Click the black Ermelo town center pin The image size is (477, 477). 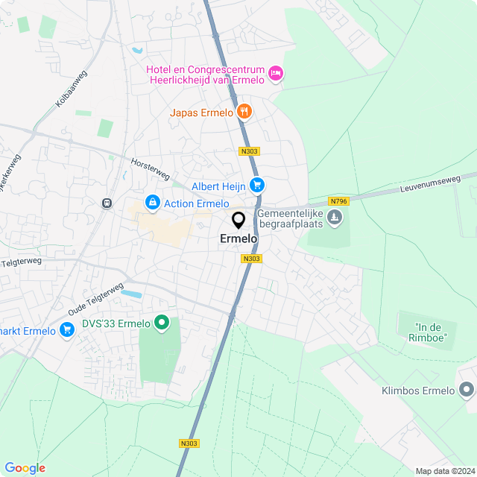(238, 221)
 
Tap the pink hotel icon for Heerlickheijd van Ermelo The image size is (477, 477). (275, 72)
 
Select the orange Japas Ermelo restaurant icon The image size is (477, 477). (244, 113)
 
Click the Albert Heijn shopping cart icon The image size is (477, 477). (257, 186)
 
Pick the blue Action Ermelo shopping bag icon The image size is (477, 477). (153, 203)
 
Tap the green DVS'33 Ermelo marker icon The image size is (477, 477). (161, 323)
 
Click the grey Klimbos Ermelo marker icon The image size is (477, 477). (467, 390)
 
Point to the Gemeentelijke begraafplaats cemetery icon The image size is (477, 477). (335, 218)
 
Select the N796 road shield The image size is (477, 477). (338, 201)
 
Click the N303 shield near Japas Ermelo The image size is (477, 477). (249, 151)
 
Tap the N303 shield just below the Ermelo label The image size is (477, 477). (252, 259)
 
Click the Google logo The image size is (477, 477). (25, 467)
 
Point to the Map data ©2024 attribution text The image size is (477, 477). (444, 470)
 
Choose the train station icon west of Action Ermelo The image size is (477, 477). (107, 202)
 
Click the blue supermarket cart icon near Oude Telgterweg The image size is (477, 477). (68, 329)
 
